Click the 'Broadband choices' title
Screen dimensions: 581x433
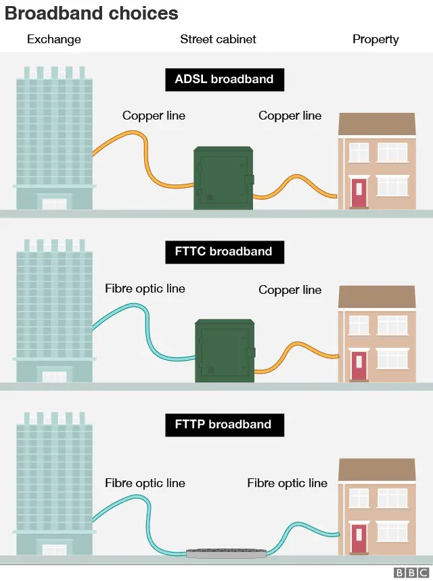[x=92, y=14]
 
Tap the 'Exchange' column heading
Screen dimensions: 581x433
[x=53, y=39]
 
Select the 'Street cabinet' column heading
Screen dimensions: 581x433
[x=218, y=39]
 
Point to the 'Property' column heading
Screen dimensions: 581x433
[x=375, y=39]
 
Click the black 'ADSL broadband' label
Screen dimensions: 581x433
[x=225, y=79]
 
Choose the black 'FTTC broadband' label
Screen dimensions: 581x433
[x=225, y=252]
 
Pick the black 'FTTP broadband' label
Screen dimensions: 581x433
[x=225, y=425]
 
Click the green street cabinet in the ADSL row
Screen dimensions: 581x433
[x=224, y=178]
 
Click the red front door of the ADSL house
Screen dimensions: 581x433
[x=359, y=193]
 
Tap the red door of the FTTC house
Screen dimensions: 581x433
[x=359, y=365]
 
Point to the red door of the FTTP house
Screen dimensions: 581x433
[x=359, y=538]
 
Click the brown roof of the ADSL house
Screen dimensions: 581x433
[x=377, y=124]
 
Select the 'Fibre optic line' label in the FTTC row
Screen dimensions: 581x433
[x=145, y=288]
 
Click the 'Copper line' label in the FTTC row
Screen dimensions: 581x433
[x=290, y=290]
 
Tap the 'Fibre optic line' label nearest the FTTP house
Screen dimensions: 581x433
[x=287, y=483]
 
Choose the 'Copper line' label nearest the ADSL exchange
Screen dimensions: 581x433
[x=154, y=116]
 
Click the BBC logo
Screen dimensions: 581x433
[x=411, y=573]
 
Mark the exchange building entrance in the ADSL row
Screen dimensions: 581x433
[x=54, y=203]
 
